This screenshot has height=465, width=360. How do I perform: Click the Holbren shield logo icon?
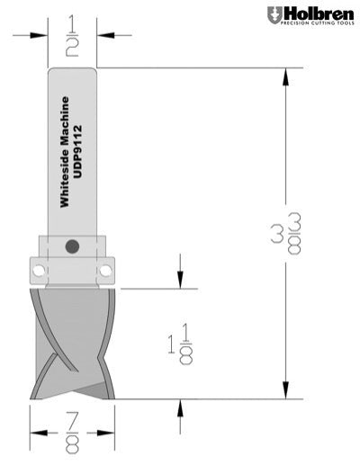click(274, 15)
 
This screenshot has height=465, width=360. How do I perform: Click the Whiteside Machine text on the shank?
click(63, 152)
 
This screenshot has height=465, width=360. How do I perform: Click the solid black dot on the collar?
click(73, 245)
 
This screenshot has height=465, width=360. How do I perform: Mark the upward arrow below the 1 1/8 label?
click(181, 407)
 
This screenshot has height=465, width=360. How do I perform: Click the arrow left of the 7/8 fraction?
click(38, 429)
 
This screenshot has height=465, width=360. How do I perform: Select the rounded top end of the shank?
click(72, 72)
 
